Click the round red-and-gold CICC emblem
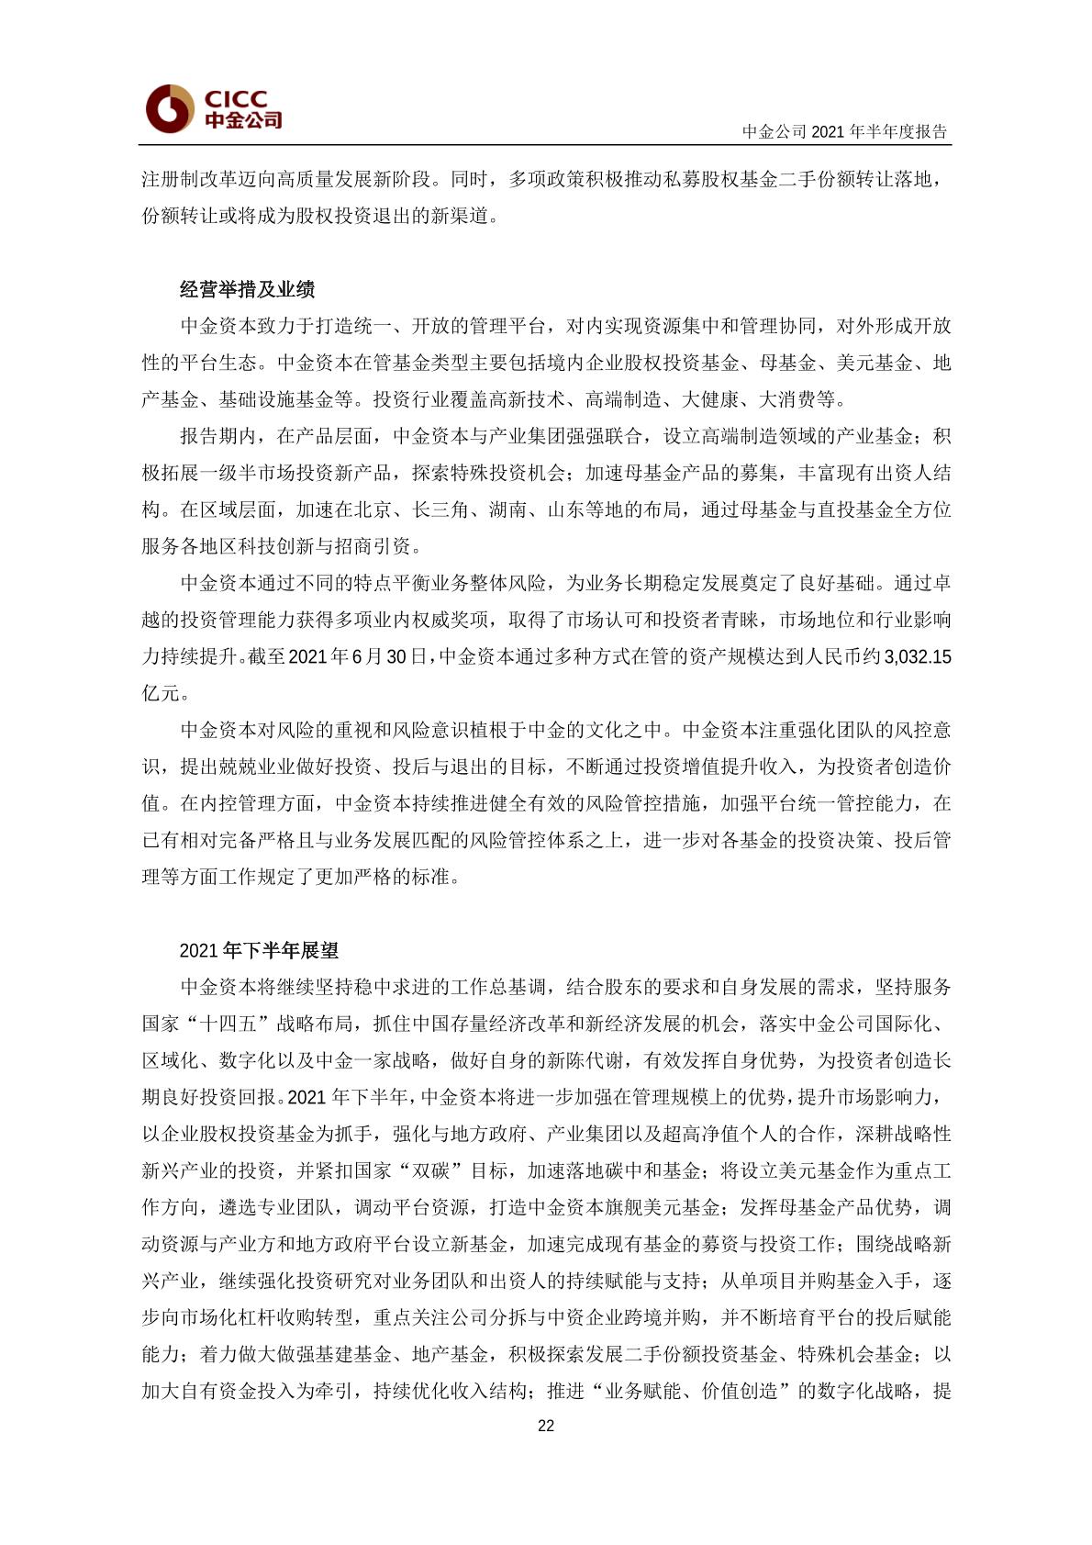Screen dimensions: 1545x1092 click(x=170, y=108)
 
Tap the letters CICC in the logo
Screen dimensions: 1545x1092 click(x=236, y=98)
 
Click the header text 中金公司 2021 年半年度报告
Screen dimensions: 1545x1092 click(x=844, y=131)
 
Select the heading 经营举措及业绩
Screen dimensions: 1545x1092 click(x=247, y=289)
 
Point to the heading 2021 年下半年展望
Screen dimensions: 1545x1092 click(x=259, y=950)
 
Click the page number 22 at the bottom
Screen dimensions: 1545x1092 click(x=546, y=1426)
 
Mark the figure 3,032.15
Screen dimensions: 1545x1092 click(x=917, y=656)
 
